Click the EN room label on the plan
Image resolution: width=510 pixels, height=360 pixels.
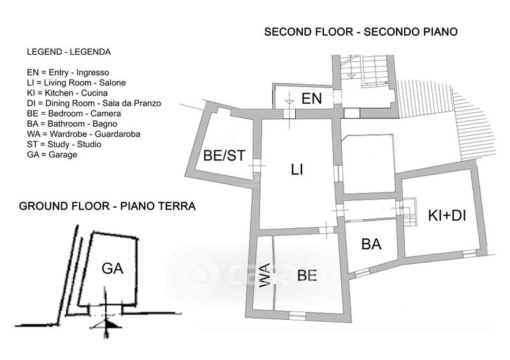click(x=312, y=99)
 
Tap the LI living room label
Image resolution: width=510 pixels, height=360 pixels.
click(x=297, y=169)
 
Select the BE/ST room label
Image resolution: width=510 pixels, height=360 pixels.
click(x=224, y=155)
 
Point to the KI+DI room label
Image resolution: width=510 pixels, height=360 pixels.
click(x=447, y=215)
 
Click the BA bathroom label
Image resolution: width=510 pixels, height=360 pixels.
click(x=371, y=244)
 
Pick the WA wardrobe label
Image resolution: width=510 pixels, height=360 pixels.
click(x=265, y=275)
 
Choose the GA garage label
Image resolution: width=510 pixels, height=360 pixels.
click(x=112, y=269)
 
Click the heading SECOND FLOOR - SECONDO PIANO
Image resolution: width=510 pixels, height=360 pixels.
click(x=361, y=32)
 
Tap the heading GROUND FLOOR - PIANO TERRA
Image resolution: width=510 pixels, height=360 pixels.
click(x=107, y=206)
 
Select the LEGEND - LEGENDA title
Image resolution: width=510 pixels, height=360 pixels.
click(x=69, y=52)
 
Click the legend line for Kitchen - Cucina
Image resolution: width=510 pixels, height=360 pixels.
click(x=68, y=93)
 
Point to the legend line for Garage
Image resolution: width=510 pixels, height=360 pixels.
click(x=52, y=155)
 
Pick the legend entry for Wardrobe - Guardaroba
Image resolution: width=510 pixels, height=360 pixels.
click(x=84, y=134)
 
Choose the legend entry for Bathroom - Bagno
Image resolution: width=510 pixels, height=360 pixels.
click(x=72, y=124)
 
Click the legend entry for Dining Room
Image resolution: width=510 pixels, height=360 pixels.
click(x=94, y=103)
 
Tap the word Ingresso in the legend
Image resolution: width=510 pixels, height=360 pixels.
click(x=92, y=73)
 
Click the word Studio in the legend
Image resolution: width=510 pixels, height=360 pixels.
click(x=89, y=145)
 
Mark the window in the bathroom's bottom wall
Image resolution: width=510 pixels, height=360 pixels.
click(x=362, y=273)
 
